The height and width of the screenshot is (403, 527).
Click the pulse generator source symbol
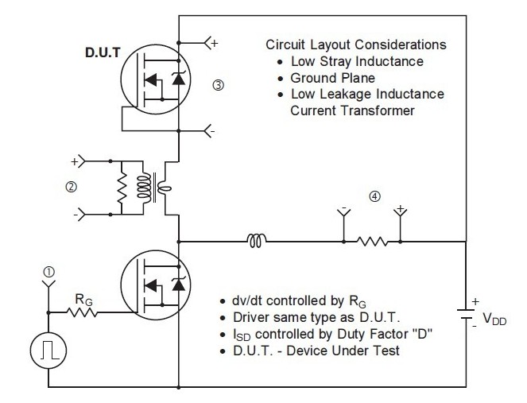coord(48,351)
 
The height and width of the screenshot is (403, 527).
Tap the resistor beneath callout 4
coord(372,239)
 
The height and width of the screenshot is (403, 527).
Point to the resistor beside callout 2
coord(122,189)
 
